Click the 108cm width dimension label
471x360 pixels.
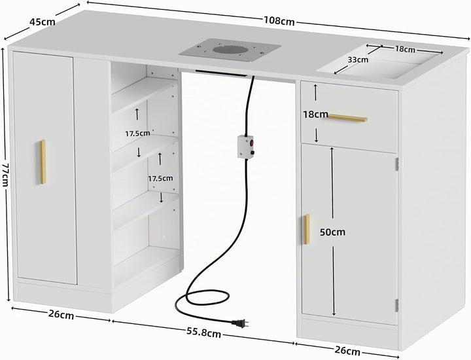pyautogui.click(x=279, y=21)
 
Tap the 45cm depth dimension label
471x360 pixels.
pyautogui.click(x=43, y=22)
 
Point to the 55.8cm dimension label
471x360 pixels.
pyautogui.click(x=203, y=332)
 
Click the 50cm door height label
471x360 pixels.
pyautogui.click(x=332, y=232)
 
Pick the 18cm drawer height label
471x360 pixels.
pyautogui.click(x=315, y=114)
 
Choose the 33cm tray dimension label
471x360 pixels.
pyautogui.click(x=358, y=60)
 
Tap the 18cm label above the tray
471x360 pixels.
pyautogui.click(x=405, y=49)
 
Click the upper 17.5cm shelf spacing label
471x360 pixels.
pyautogui.click(x=137, y=134)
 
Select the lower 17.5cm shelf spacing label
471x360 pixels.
pyautogui.click(x=160, y=179)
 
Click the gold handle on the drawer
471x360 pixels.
pyautogui.click(x=347, y=118)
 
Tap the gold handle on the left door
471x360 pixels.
pyautogui.click(x=43, y=162)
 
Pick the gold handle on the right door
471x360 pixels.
pyautogui.click(x=306, y=229)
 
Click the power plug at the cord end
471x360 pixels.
pyautogui.click(x=239, y=323)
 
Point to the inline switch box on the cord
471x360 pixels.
pyautogui.click(x=246, y=147)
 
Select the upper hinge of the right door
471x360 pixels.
pyautogui.click(x=397, y=164)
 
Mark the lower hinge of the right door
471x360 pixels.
pyautogui.click(x=397, y=305)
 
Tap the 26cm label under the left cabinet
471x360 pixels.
pyautogui.click(x=61, y=315)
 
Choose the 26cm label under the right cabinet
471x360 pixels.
pyautogui.click(x=347, y=350)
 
